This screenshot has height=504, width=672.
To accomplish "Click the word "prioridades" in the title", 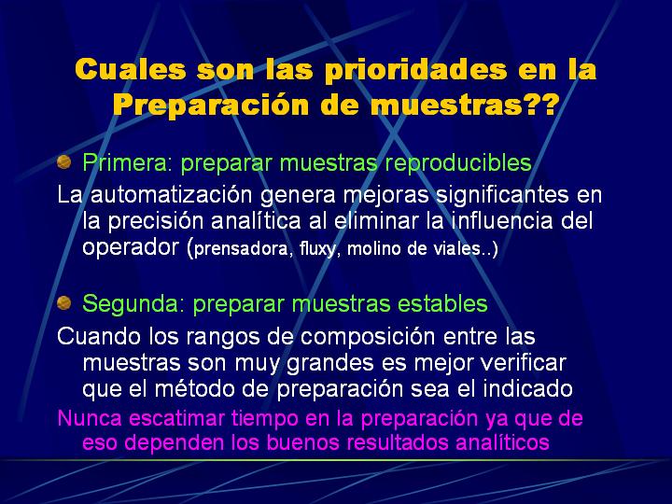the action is pyautogui.click(x=415, y=71).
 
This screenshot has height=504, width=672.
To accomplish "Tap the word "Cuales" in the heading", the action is pyautogui.click(x=131, y=69).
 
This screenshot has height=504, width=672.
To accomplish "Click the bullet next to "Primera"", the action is pyautogui.click(x=63, y=162).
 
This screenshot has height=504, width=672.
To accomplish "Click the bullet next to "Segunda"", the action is pyautogui.click(x=63, y=303).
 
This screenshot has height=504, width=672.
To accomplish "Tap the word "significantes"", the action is pyautogui.click(x=503, y=195).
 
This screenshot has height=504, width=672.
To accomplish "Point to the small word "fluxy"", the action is pyautogui.click(x=317, y=249).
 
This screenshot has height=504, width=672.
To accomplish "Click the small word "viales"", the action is pyautogui.click(x=458, y=248).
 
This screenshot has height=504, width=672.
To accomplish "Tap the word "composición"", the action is pyautogui.click(x=368, y=337).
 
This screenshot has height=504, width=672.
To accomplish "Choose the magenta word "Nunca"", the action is pyautogui.click(x=90, y=418).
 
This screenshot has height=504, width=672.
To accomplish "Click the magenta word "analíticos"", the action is pyautogui.click(x=502, y=442).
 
